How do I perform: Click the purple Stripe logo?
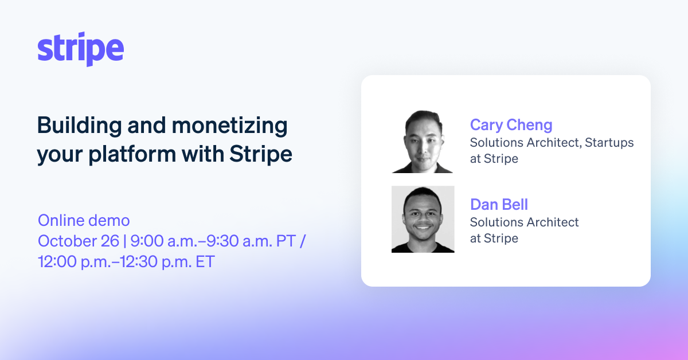[x=80, y=50]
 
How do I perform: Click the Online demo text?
[x=84, y=220]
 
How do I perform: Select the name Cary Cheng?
[x=511, y=124]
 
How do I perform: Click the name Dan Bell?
[x=499, y=204]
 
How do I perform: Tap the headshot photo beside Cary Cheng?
[x=423, y=142]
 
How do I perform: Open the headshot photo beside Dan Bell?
[x=423, y=219]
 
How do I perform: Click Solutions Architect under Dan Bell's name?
[x=524, y=222]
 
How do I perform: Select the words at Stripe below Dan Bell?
[x=494, y=238]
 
